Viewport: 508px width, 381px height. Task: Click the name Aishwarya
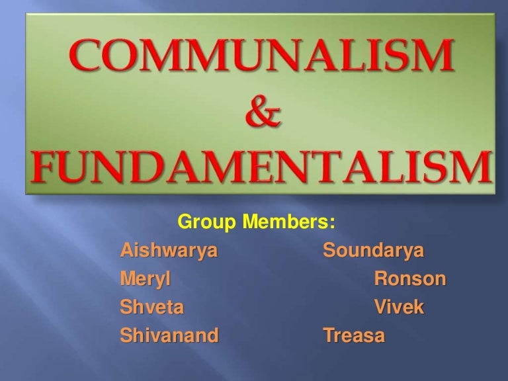169,253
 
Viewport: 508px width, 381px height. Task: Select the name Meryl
146,281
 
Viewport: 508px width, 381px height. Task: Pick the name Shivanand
169,336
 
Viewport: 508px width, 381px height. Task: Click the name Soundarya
374,253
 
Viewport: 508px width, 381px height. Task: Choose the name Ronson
410,280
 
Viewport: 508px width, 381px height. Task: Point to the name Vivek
398,308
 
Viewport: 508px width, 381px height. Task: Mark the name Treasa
353,336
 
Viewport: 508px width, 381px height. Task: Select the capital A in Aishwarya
126,253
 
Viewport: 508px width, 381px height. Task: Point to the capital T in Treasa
327,336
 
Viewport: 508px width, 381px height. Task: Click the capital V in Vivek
380,308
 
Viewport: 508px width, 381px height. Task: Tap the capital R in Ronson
381,280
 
